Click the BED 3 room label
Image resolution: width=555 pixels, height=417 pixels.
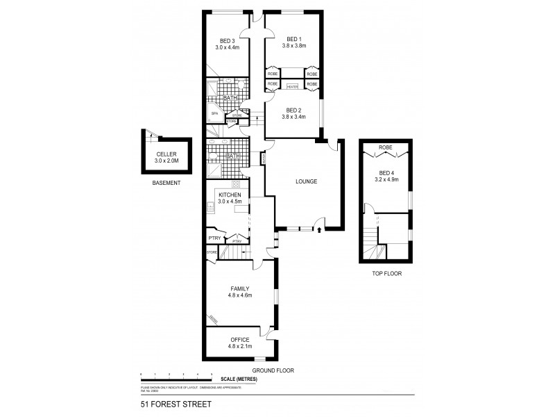point(226,40)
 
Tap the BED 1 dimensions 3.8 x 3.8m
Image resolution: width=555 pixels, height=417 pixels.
point(293,47)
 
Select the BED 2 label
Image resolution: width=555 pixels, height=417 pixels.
point(293,110)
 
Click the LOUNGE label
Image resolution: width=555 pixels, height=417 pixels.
point(306,181)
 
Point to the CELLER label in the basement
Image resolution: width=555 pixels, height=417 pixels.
point(166,154)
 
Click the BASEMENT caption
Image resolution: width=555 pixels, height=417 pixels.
point(166,183)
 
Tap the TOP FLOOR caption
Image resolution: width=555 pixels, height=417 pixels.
point(386,273)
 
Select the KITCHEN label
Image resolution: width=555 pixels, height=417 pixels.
point(228,195)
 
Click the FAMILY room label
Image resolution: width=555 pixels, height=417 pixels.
point(239,288)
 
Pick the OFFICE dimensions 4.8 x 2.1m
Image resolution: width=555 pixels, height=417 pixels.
point(239,346)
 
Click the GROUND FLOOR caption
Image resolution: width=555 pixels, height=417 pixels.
point(273,370)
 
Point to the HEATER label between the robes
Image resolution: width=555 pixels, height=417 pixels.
point(293,86)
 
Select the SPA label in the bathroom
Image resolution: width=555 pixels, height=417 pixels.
point(214,113)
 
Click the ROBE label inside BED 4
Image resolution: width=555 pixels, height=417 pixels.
point(385,147)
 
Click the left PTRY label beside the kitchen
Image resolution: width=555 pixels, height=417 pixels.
point(215,237)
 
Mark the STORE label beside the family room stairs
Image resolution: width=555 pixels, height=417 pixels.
point(212,252)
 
